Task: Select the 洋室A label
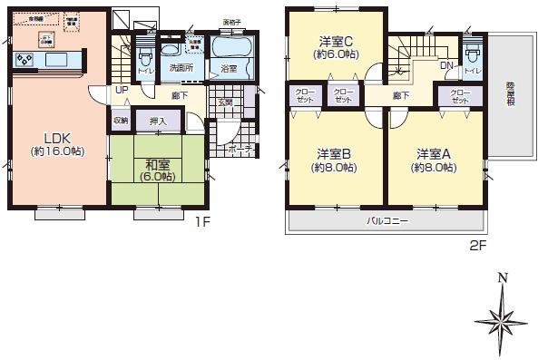pyautogui.click(x=430, y=153)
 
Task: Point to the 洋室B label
pyautogui.click(x=331, y=153)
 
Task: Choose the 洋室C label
pyautogui.click(x=335, y=42)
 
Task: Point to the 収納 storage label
pyautogui.click(x=121, y=119)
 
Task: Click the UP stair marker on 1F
pyautogui.click(x=121, y=91)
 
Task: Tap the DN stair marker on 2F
pyautogui.click(x=445, y=65)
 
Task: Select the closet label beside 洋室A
pyautogui.click(x=459, y=95)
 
